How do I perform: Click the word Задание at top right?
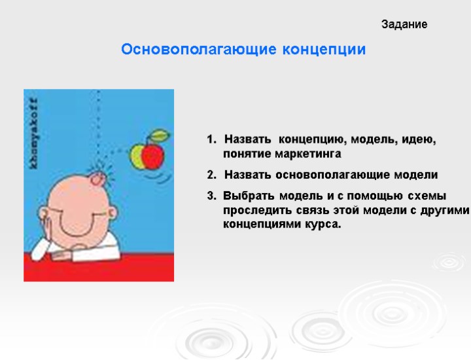coord(404,25)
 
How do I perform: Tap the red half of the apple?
coord(153,155)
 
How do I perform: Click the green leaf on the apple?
coord(159,135)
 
